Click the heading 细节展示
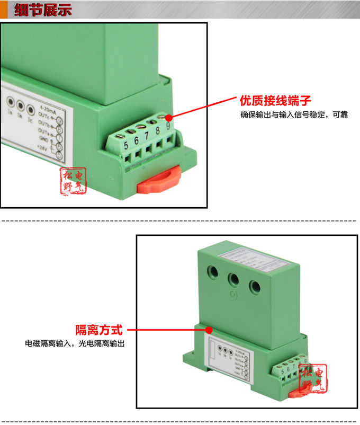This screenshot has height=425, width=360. click(43, 11)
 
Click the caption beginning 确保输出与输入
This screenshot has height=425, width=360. click(294, 114)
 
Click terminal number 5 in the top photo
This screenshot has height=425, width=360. click(126, 143)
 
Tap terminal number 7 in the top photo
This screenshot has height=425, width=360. click(147, 135)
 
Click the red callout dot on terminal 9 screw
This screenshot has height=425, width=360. click(168, 118)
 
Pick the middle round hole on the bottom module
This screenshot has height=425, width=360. click(233, 279)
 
